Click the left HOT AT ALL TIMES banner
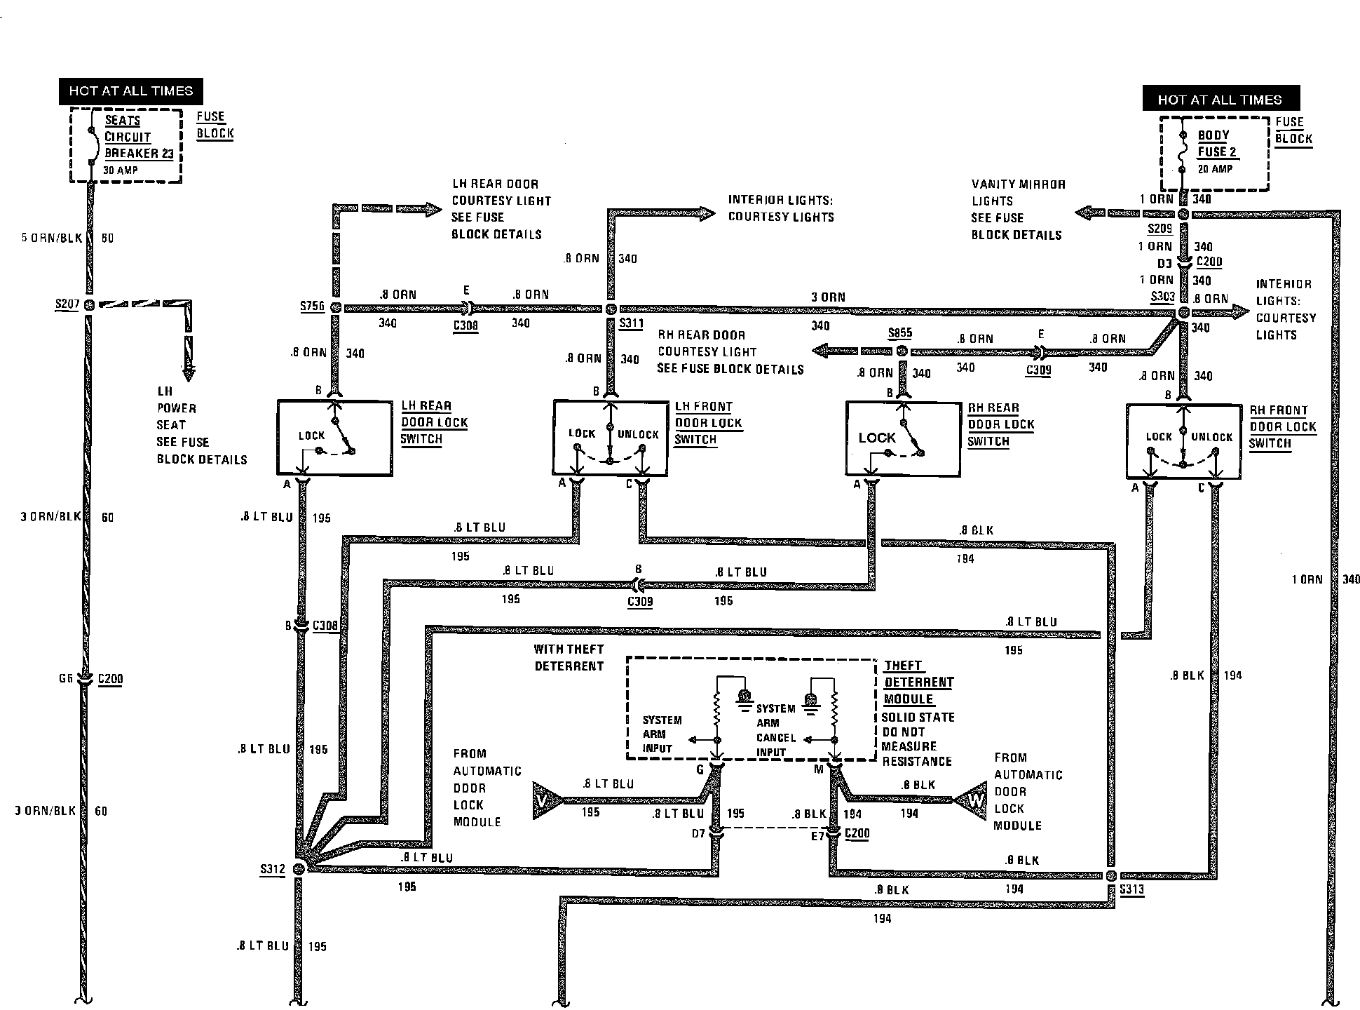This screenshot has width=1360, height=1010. tap(130, 91)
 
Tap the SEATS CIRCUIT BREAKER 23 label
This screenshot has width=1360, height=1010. tap(139, 137)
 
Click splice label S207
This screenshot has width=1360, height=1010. tap(67, 304)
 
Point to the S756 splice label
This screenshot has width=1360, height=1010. tap(313, 307)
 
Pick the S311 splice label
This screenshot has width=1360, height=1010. tap(631, 324)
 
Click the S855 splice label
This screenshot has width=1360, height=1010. tap(899, 333)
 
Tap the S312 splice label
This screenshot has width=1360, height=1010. tap(273, 870)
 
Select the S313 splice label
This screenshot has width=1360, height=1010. tap(1131, 890)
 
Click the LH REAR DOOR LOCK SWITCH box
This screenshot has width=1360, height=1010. tap(334, 438)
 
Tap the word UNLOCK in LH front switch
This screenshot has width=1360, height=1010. tap(638, 435)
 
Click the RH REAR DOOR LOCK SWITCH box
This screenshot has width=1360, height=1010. tap(903, 439)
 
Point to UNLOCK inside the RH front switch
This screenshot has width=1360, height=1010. tap(1211, 437)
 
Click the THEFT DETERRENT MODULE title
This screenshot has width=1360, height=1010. tap(918, 682)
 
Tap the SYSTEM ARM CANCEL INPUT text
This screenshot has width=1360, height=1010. tap(775, 730)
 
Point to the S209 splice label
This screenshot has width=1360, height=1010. tap(1160, 229)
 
